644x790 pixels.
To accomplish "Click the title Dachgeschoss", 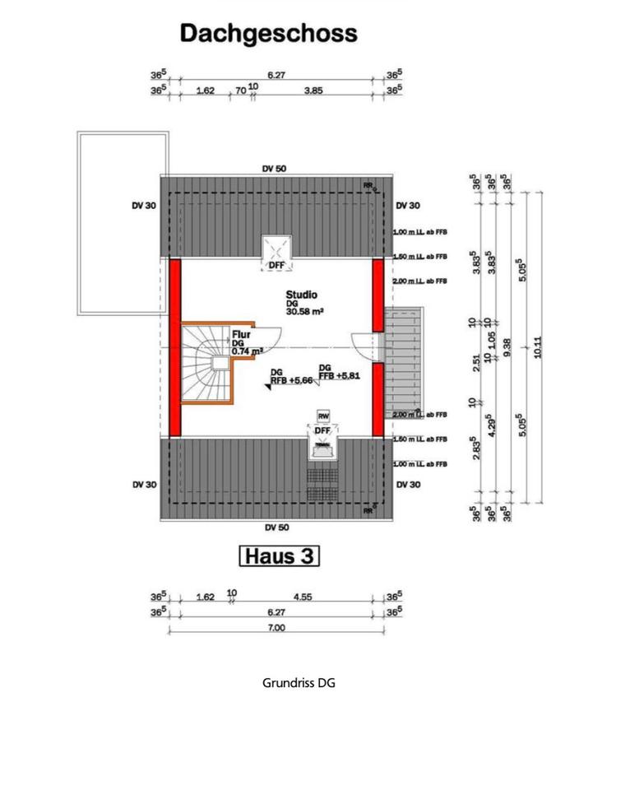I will [268, 34].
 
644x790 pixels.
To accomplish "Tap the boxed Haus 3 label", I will [278, 556].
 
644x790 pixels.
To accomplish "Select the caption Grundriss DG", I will [299, 683].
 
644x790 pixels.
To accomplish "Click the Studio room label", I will [302, 294].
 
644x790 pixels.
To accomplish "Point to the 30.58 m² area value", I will [304, 312].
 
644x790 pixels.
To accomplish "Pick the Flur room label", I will [241, 335].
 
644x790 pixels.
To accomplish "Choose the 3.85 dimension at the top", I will [313, 91].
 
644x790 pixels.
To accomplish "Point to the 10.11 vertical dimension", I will [539, 347].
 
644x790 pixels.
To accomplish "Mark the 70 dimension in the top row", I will [240, 91].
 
